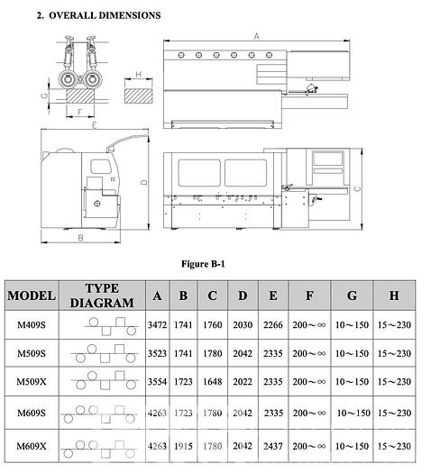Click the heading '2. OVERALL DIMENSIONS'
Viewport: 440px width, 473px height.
point(99,15)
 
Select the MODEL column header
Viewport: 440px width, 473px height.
point(32,296)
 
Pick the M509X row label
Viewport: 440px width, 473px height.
point(32,382)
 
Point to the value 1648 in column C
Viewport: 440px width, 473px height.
point(212,382)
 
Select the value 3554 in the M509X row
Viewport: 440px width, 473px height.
point(158,382)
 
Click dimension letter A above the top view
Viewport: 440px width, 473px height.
point(257,36)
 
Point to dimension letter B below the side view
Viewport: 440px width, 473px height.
point(80,239)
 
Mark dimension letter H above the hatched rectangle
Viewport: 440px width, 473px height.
point(138,76)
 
